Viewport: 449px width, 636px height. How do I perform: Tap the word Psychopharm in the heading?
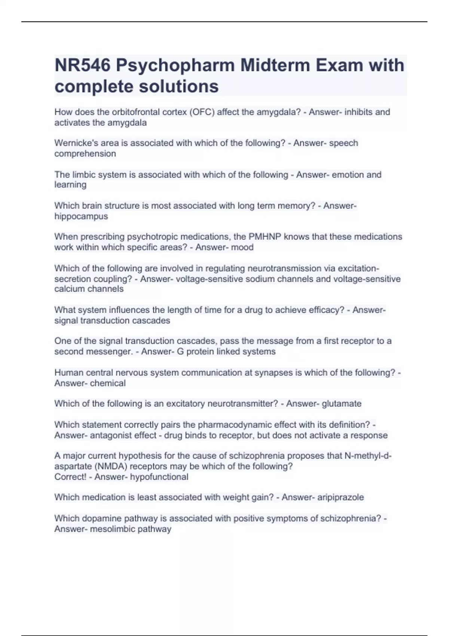click(175, 65)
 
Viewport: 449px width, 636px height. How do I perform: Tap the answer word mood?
click(242, 247)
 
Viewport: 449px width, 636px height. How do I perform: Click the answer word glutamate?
click(341, 403)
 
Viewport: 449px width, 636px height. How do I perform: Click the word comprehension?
click(85, 153)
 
